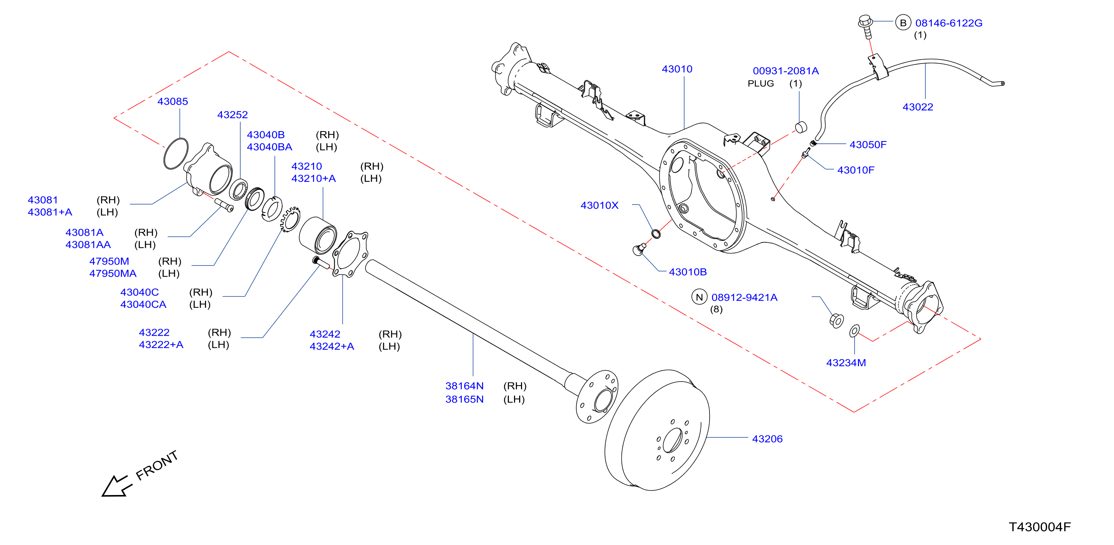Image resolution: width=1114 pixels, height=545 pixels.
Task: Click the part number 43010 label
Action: (x=677, y=69)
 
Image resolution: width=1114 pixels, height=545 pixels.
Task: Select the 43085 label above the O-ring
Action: (x=173, y=102)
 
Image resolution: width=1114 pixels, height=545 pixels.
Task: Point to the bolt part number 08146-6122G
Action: (x=949, y=23)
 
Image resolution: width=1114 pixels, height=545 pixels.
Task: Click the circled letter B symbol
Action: (x=903, y=23)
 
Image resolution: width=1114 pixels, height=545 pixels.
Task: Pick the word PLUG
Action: (x=761, y=83)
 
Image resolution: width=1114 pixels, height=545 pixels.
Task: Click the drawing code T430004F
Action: (x=1040, y=527)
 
